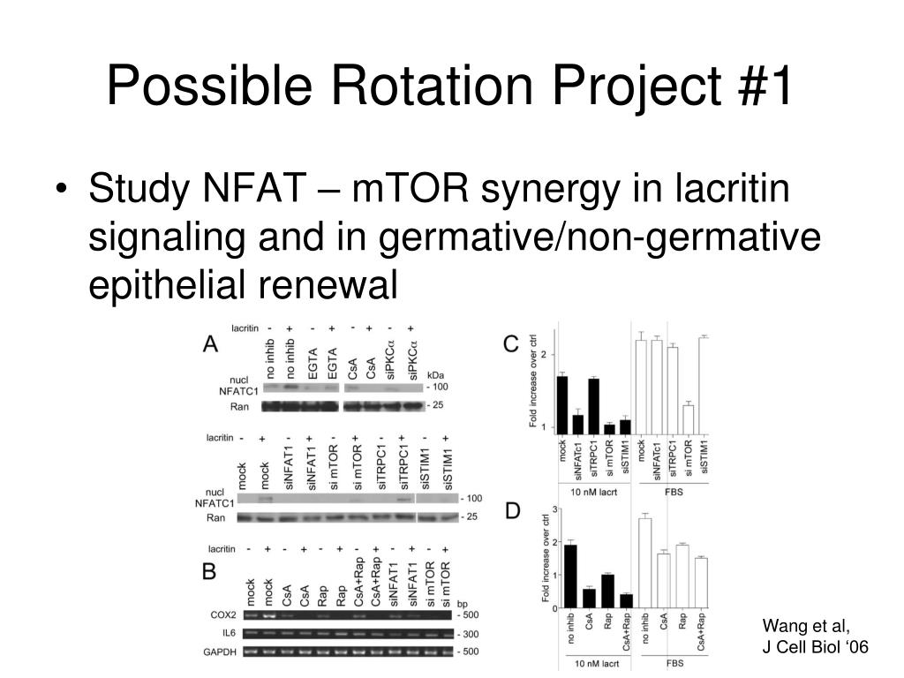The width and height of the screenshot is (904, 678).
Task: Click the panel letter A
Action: [x=212, y=344]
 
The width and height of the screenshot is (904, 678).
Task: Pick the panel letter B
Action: [x=210, y=571]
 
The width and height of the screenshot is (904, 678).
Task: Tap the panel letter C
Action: [x=509, y=343]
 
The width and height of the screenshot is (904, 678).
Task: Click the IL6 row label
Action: [x=228, y=634]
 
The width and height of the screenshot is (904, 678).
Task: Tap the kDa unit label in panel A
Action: [x=435, y=375]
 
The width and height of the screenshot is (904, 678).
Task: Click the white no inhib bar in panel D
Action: [x=644, y=563]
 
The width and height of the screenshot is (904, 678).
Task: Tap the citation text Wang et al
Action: [x=806, y=627]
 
